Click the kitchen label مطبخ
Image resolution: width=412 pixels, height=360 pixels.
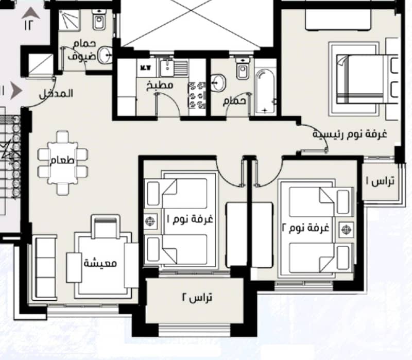tap(160, 86)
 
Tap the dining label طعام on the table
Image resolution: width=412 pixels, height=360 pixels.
tap(62, 160)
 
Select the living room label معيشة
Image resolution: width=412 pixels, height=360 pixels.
tap(100, 263)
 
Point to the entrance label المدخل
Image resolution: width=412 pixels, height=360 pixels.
tap(56, 94)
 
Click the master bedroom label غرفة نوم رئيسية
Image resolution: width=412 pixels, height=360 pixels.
tap(350, 134)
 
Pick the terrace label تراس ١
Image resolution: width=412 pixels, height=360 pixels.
tap(380, 181)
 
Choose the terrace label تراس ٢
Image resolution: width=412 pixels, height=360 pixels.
tap(197, 298)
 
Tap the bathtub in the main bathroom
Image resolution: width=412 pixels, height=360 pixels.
tap(265, 91)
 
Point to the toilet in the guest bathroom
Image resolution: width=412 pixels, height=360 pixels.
tap(99, 20)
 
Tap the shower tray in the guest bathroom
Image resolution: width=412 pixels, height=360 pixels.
tap(69, 21)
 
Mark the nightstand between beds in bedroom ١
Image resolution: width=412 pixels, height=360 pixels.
tap(150, 221)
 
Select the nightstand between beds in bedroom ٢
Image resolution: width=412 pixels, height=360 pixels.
tap(346, 230)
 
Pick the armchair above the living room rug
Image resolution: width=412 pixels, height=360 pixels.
tap(106, 227)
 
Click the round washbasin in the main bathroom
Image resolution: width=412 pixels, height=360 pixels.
tap(218, 82)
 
